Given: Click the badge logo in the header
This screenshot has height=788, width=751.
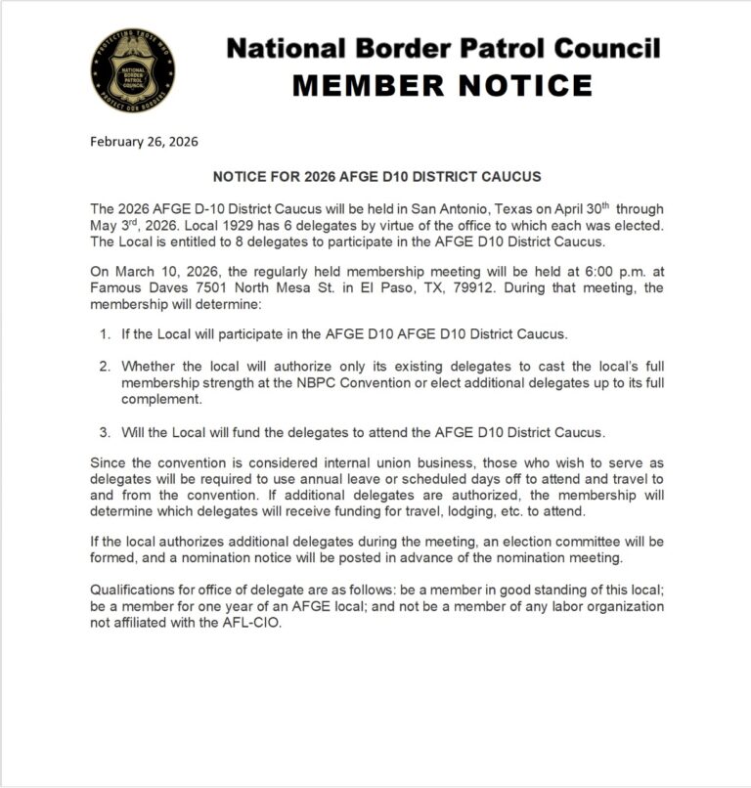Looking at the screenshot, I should pos(134,68).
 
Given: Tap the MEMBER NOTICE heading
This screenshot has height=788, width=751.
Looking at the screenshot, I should pos(442,85).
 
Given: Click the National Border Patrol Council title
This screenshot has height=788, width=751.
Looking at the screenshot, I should pos(443,48).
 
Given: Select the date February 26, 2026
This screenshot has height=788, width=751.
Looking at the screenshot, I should pos(144,141).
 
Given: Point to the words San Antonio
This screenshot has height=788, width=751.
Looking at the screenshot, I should pos(453,208).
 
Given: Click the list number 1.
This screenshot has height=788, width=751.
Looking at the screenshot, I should pos(104,334).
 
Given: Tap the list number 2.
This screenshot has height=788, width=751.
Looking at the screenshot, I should pos(104,367).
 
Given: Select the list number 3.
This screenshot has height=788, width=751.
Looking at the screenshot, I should pos(104,431).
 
